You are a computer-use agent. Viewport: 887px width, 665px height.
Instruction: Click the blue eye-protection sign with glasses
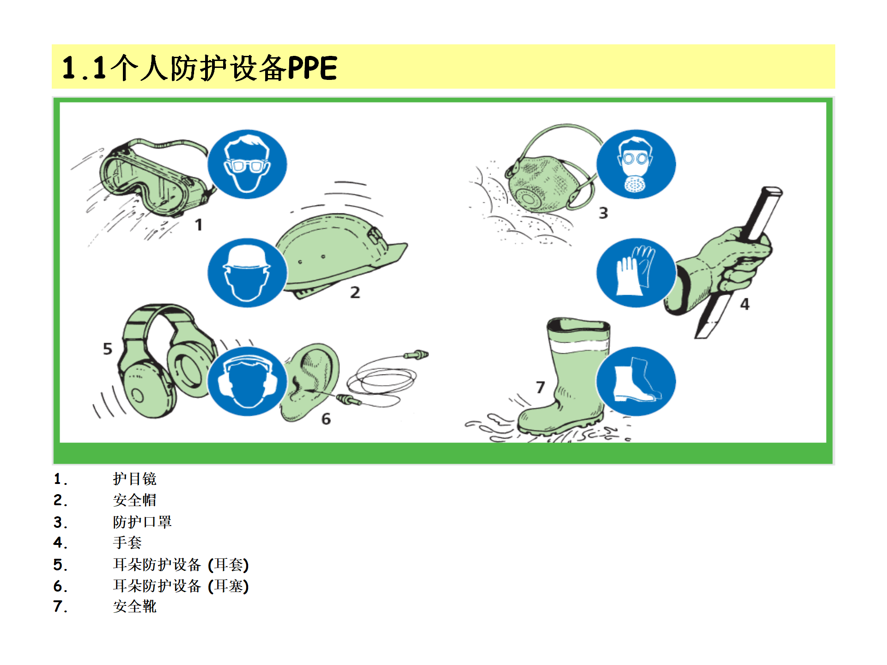click(x=247, y=164)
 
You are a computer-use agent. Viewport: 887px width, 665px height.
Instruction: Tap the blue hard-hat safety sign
click(x=247, y=273)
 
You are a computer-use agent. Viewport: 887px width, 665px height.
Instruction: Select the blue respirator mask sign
click(x=636, y=164)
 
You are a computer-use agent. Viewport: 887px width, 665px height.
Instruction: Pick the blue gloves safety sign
click(x=636, y=273)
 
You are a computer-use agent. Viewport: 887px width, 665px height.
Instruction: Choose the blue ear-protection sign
click(x=247, y=381)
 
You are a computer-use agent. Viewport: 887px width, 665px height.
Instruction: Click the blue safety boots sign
click(x=636, y=381)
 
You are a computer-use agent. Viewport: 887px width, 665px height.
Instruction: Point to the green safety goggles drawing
click(x=152, y=178)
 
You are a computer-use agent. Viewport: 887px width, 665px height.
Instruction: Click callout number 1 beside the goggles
click(x=199, y=225)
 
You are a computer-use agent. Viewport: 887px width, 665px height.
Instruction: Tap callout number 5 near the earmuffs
click(x=108, y=349)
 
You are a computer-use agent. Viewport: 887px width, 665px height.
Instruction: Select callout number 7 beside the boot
click(x=541, y=387)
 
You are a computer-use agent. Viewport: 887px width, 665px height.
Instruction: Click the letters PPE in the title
click(x=312, y=68)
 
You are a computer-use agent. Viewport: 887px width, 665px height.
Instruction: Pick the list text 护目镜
click(x=135, y=479)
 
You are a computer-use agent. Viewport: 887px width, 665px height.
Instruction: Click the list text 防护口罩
click(x=142, y=522)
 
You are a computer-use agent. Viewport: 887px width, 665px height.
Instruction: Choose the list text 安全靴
click(x=135, y=606)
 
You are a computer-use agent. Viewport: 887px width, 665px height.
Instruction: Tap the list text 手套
click(x=128, y=543)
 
